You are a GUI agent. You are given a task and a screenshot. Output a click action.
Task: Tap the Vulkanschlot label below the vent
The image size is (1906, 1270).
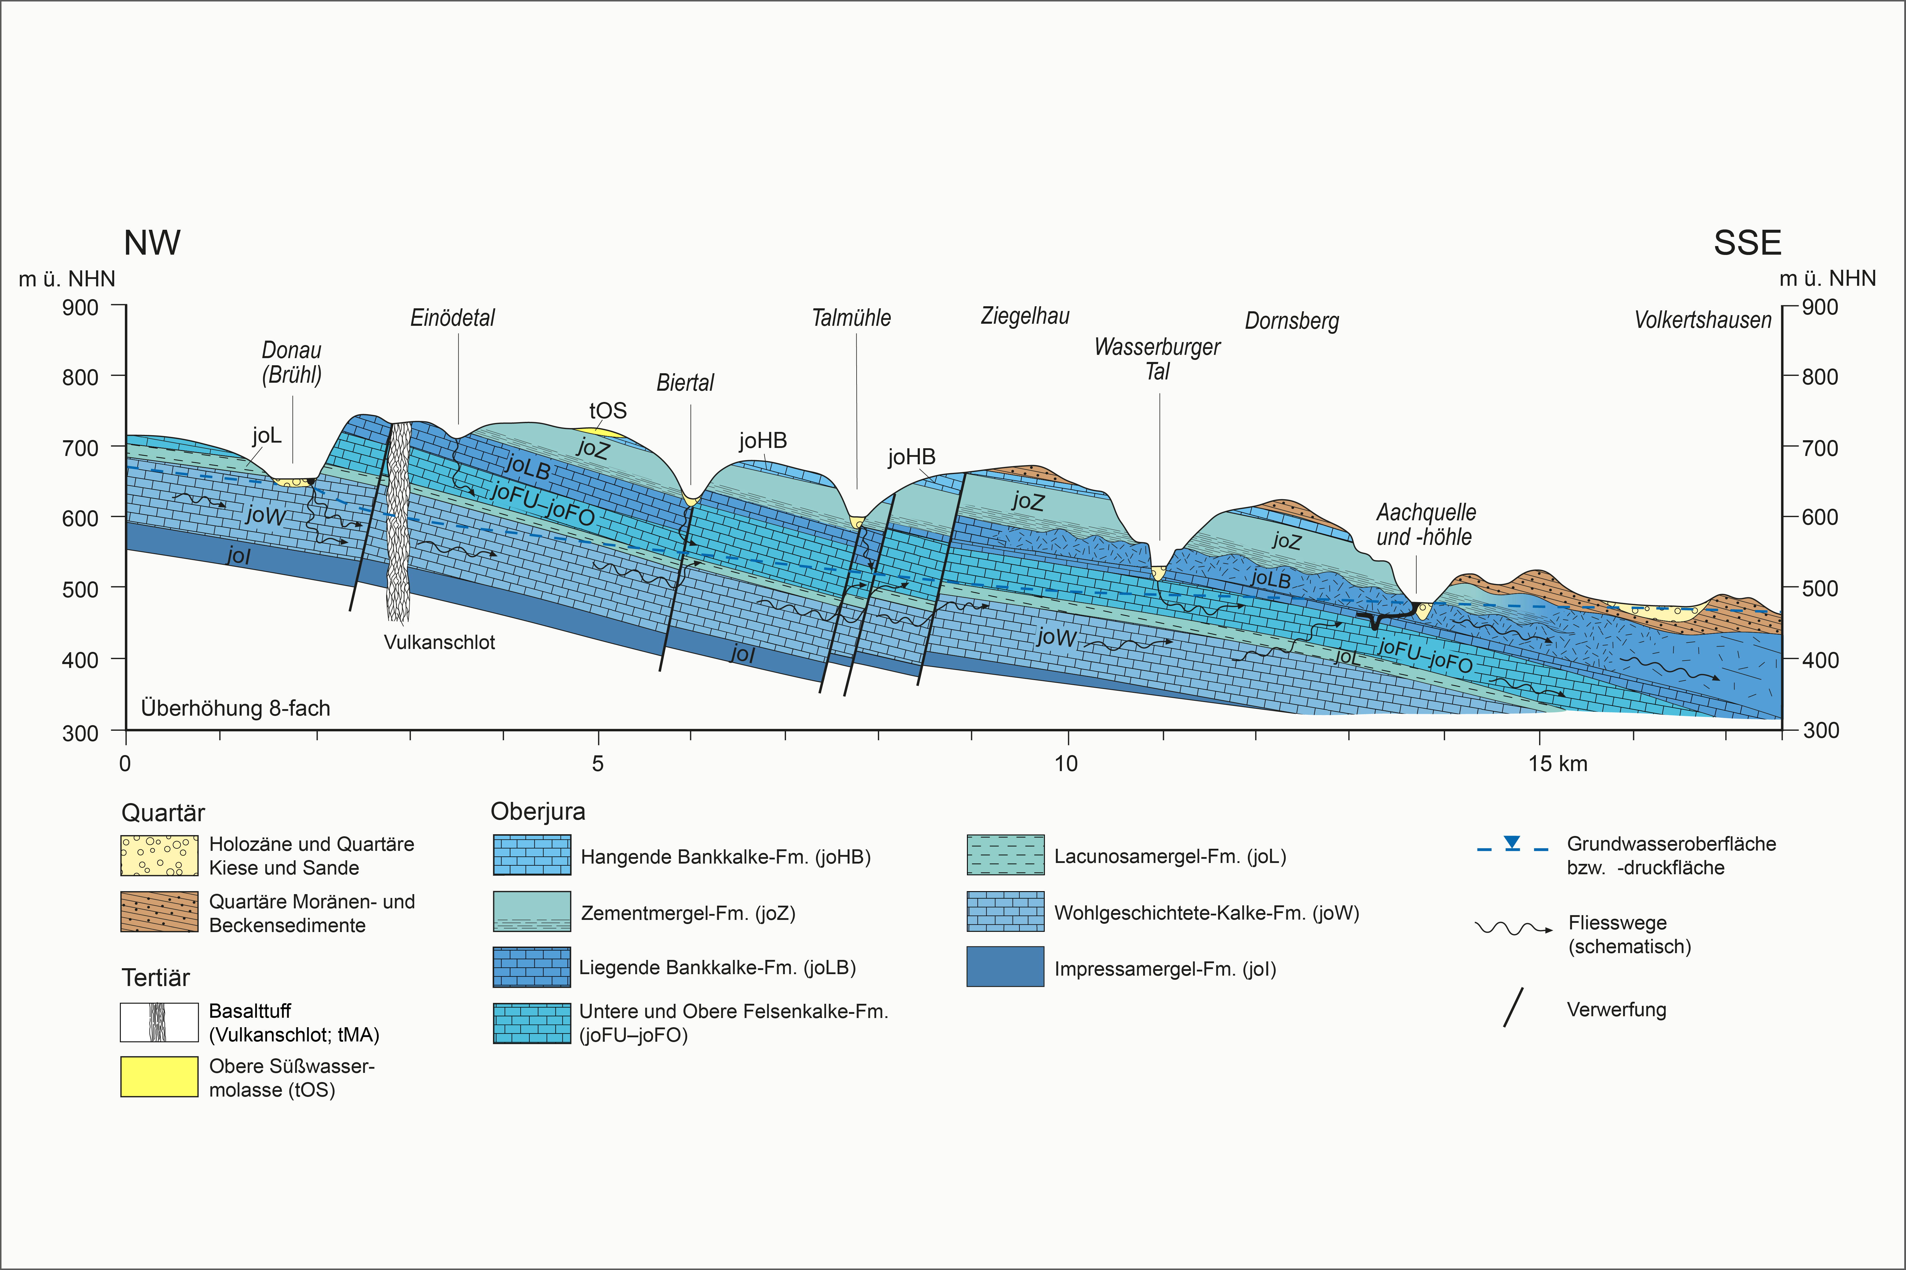pos(439,642)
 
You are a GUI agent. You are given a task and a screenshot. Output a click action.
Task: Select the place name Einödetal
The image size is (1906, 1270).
pos(452,317)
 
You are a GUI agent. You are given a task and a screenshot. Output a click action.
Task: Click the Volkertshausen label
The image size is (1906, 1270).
pos(1703,320)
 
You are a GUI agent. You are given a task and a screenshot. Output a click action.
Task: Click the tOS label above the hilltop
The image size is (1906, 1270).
pos(608,411)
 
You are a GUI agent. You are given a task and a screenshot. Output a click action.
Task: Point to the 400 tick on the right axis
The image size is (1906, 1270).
pos(1820,660)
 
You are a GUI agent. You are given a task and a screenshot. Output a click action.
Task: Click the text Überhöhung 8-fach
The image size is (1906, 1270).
pos(236,708)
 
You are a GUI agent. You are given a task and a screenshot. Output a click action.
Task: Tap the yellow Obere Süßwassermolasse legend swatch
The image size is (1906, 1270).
pos(159,1076)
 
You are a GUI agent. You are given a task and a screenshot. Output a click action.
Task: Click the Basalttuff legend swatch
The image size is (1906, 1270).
pos(159,1022)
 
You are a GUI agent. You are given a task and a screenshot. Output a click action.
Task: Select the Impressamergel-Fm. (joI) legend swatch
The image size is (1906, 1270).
pos(1005,967)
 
